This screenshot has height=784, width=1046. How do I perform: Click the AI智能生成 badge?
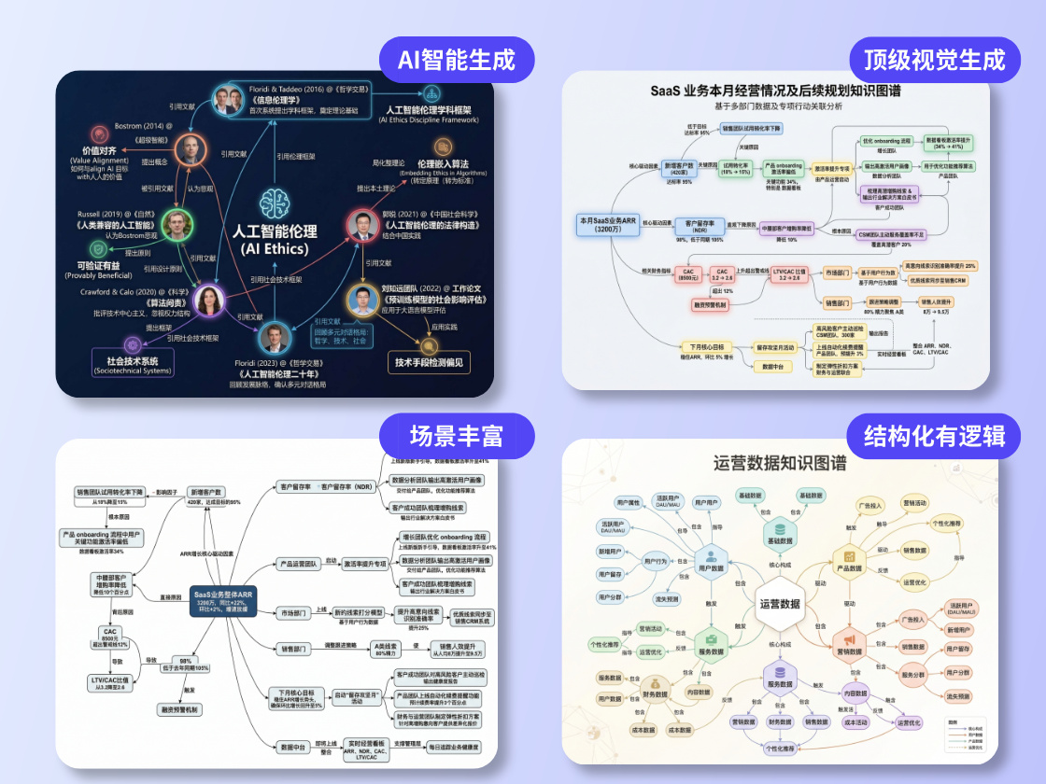pyautogui.click(x=457, y=60)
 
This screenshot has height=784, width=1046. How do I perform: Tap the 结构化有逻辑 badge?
pyautogui.click(x=933, y=436)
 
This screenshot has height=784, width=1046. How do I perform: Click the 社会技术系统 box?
pyautogui.click(x=133, y=364)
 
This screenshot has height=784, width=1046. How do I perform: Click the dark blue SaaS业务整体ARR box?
pyautogui.click(x=222, y=598)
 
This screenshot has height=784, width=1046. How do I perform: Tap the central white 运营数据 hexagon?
pyautogui.click(x=780, y=604)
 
